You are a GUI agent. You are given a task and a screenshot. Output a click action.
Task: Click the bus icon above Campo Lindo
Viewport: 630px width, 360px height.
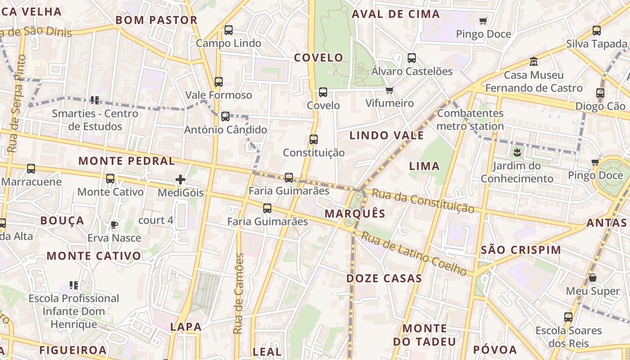click(229, 30)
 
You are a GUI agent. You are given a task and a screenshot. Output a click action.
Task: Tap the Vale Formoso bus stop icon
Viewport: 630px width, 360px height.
click(219, 82)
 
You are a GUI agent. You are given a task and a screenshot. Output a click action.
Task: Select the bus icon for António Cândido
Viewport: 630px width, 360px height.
click(225, 117)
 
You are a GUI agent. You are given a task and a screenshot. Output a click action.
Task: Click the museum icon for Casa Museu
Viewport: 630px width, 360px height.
click(534, 61)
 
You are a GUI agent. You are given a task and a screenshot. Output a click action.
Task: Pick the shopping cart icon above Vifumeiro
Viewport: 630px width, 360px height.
click(390, 90)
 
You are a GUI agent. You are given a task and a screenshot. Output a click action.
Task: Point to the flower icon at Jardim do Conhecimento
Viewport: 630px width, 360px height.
click(517, 152)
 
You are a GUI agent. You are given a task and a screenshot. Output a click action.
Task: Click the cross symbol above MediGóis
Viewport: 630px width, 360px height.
click(180, 180)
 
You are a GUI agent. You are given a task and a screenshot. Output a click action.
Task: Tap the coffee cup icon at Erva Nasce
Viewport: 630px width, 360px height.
click(114, 224)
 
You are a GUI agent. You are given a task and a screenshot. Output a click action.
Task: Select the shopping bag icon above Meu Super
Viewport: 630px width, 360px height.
click(593, 278)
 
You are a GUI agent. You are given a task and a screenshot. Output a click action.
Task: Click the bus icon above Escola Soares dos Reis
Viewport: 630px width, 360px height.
click(568, 317)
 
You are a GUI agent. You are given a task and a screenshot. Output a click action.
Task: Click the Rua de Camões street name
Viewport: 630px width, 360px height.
click(238, 293)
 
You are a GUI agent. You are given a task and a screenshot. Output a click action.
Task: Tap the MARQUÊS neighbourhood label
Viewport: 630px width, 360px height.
click(355, 214)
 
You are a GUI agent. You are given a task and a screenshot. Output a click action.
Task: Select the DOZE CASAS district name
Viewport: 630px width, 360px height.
click(384, 279)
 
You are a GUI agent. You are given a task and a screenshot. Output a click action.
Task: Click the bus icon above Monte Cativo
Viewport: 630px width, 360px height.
click(110, 179)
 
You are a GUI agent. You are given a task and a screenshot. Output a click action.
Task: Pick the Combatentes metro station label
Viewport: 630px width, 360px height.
click(470, 120)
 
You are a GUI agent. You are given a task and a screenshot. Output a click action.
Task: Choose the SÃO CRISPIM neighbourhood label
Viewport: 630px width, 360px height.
click(521, 250)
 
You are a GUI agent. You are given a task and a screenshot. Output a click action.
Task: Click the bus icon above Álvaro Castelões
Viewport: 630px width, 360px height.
click(412, 58)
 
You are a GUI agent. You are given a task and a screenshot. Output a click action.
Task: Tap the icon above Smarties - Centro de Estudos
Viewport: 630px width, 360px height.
click(94, 100)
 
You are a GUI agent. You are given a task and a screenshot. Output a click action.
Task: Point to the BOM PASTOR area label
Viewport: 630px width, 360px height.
click(157, 20)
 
